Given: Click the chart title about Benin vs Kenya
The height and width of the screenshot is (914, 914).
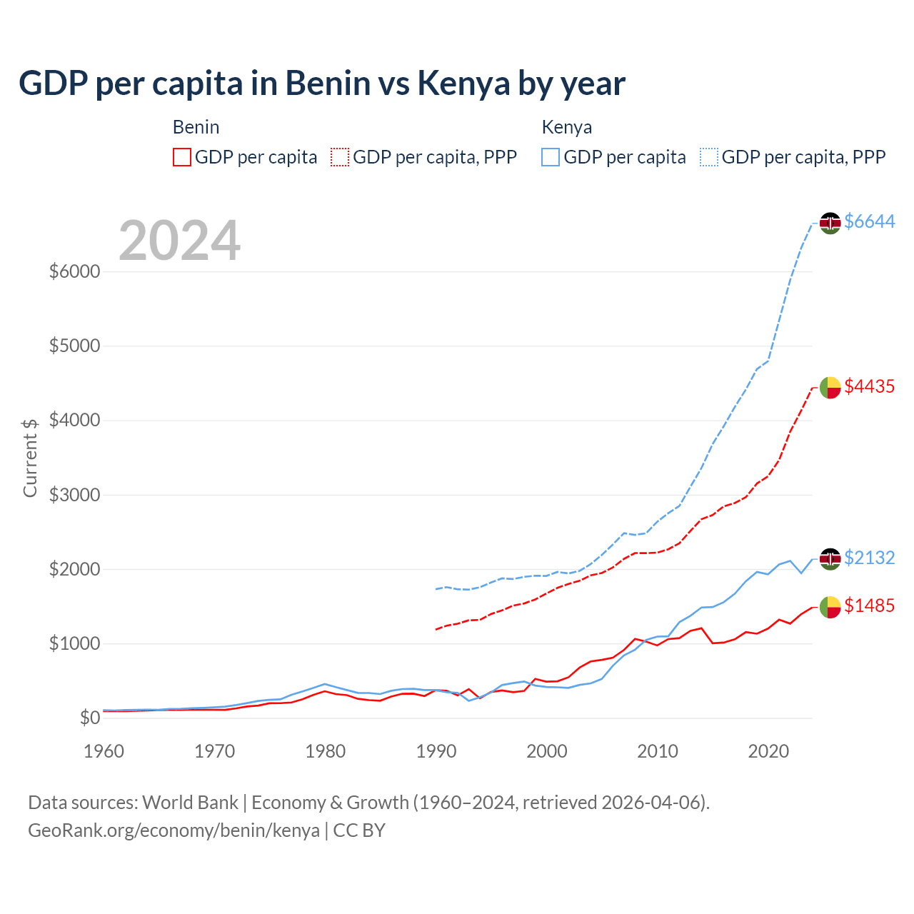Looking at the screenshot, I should tap(321, 84).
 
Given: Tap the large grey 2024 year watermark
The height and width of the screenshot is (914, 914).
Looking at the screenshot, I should tap(179, 241).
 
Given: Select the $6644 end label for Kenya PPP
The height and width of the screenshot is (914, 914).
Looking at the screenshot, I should tap(869, 222).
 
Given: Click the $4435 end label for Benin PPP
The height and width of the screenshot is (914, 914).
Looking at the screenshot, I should tap(869, 386).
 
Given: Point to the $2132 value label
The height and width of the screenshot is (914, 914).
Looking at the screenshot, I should tap(869, 558).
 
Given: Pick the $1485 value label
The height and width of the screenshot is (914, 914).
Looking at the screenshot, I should tap(869, 606).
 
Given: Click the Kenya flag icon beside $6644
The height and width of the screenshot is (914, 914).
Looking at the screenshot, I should tap(830, 223).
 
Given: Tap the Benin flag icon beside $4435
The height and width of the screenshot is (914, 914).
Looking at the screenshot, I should tap(830, 387).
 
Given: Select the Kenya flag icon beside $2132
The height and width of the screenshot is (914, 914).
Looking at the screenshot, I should tap(830, 558).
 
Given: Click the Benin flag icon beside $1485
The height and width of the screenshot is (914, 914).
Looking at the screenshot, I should tap(830, 607).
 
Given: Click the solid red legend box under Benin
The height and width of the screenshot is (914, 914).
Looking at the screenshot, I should tap(182, 157).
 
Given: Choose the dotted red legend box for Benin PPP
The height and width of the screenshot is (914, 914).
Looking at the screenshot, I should tap(341, 157).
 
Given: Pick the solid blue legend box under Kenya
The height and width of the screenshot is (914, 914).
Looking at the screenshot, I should tap(551, 157).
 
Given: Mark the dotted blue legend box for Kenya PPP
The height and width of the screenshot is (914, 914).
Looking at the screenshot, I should tap(709, 157).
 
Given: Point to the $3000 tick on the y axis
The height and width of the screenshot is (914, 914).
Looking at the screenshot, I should tap(74, 495).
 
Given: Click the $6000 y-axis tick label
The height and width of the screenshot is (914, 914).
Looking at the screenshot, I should tap(74, 272).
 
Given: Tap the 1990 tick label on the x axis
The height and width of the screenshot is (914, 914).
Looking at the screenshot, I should tap(436, 751).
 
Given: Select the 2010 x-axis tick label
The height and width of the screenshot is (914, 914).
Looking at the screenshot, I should tap(658, 751).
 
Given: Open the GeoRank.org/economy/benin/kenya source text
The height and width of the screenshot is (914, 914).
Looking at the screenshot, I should tap(174, 830).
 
